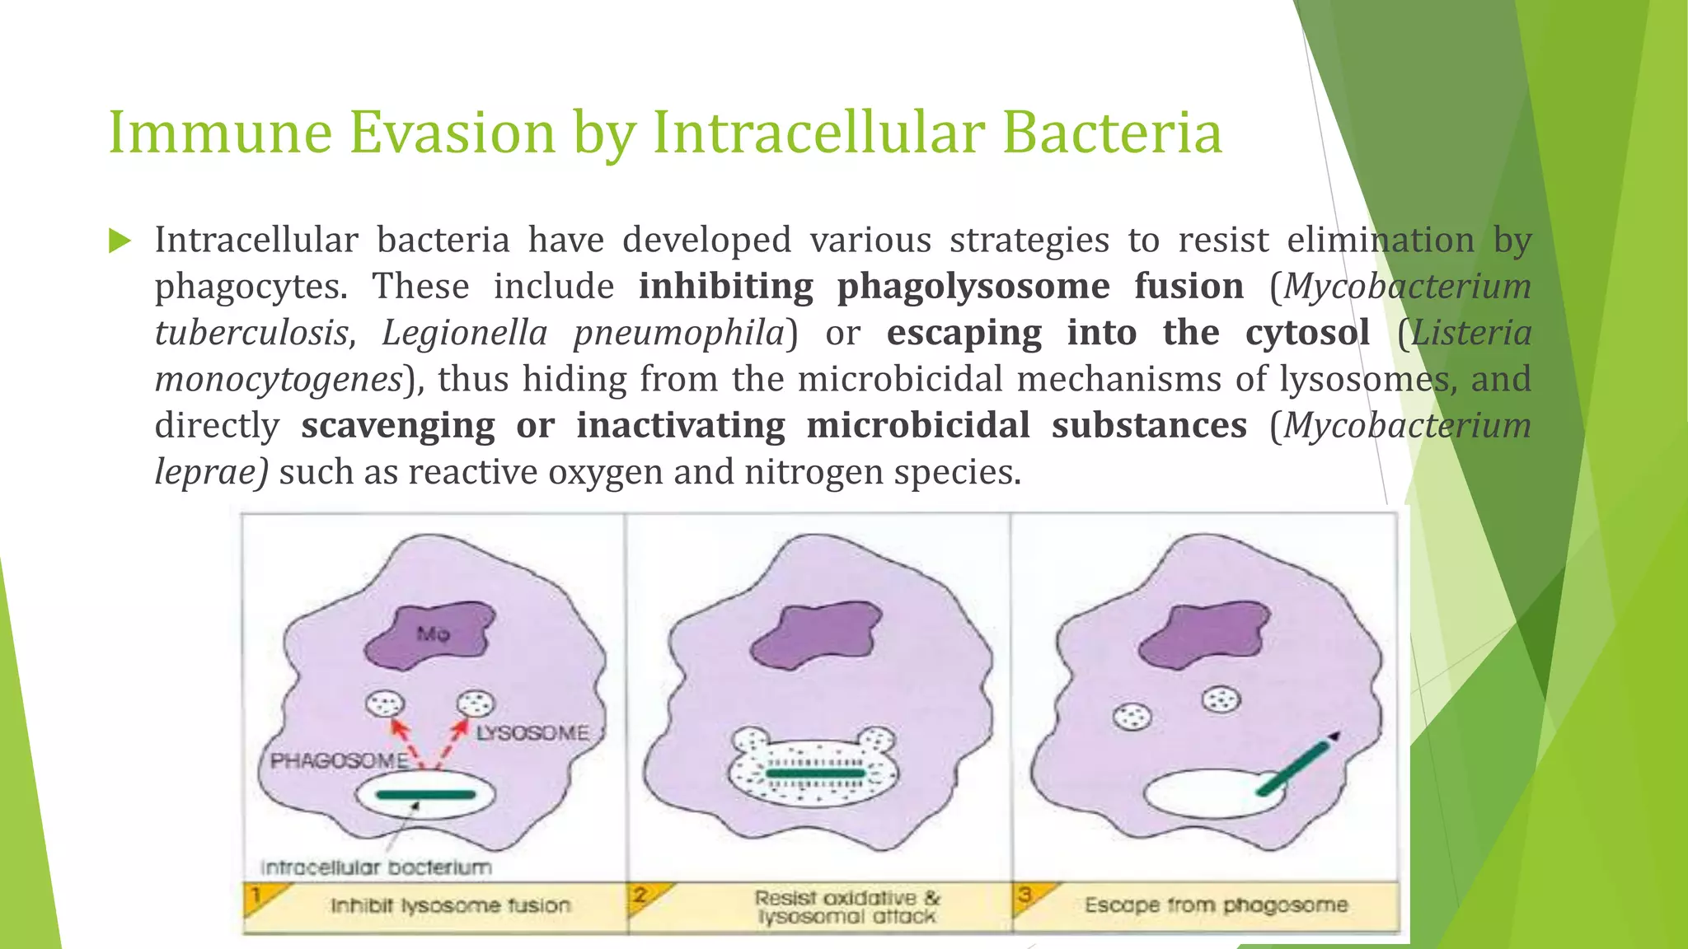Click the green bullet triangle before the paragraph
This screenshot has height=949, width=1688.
click(120, 241)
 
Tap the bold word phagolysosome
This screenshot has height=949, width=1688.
click(973, 287)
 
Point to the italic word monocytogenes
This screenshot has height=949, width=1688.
click(278, 380)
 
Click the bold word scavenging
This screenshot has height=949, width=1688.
click(397, 426)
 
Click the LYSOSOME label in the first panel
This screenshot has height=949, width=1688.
click(532, 733)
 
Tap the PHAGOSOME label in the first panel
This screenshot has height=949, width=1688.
click(339, 760)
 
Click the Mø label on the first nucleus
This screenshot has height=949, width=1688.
click(434, 633)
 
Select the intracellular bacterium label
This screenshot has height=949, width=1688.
click(376, 867)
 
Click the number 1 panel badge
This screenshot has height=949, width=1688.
click(257, 895)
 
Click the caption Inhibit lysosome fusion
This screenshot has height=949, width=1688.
click(450, 906)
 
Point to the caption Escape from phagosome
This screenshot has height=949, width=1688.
click(1216, 905)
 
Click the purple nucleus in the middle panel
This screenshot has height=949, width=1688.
click(816, 635)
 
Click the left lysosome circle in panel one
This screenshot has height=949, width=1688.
click(385, 704)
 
